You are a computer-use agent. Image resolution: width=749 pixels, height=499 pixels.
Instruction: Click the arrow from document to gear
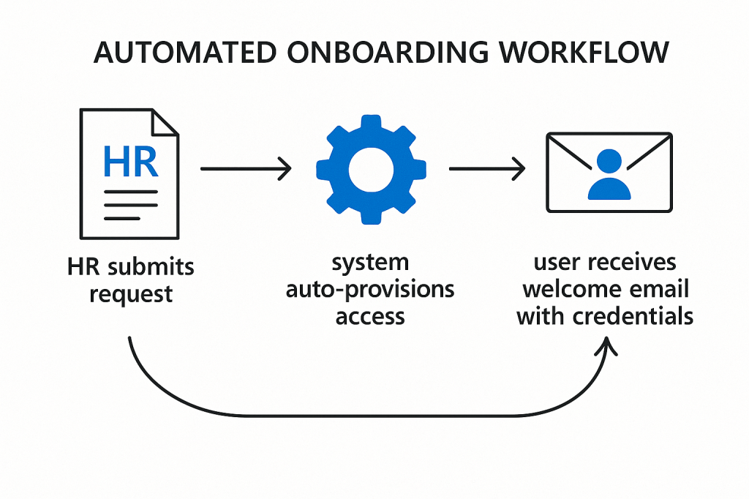(245, 170)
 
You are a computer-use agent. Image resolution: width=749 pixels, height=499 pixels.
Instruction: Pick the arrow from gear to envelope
(487, 170)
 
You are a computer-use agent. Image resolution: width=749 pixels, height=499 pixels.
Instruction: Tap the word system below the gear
(369, 263)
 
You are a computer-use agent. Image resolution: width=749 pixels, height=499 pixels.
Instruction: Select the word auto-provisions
(369, 289)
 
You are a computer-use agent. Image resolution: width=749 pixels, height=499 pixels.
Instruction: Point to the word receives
(635, 263)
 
